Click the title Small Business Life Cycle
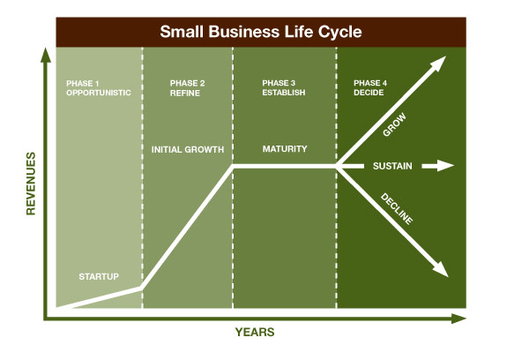point(260,33)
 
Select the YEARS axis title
point(255,333)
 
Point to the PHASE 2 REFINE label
point(187,87)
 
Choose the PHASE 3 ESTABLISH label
point(284,87)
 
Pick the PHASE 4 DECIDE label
point(369,87)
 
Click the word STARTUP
point(100,276)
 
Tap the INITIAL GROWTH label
point(187,149)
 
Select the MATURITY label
point(285,149)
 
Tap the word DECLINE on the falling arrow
point(396,207)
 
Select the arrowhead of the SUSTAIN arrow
point(448,166)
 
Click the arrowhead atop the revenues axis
point(43,55)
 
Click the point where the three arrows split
point(338,166)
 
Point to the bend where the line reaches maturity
point(233,166)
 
